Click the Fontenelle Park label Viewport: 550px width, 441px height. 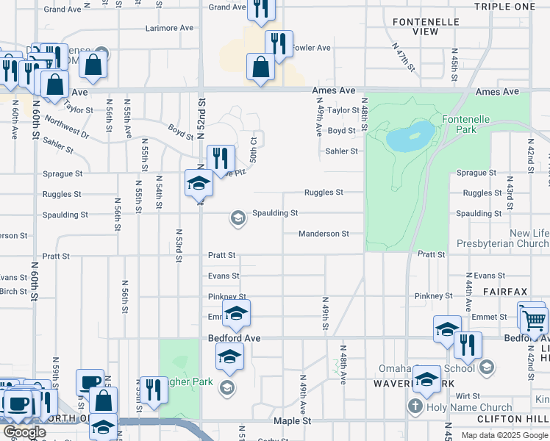click(x=460, y=124)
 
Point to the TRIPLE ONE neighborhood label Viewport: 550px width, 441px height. click(x=504, y=7)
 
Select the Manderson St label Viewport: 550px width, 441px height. click(x=323, y=234)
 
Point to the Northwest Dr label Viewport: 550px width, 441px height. click(x=66, y=126)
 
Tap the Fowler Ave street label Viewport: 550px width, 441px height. click(x=312, y=48)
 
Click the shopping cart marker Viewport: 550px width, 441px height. click(x=534, y=320)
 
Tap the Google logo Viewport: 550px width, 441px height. click(x=24, y=432)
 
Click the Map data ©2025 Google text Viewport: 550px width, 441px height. click(x=504, y=435)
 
